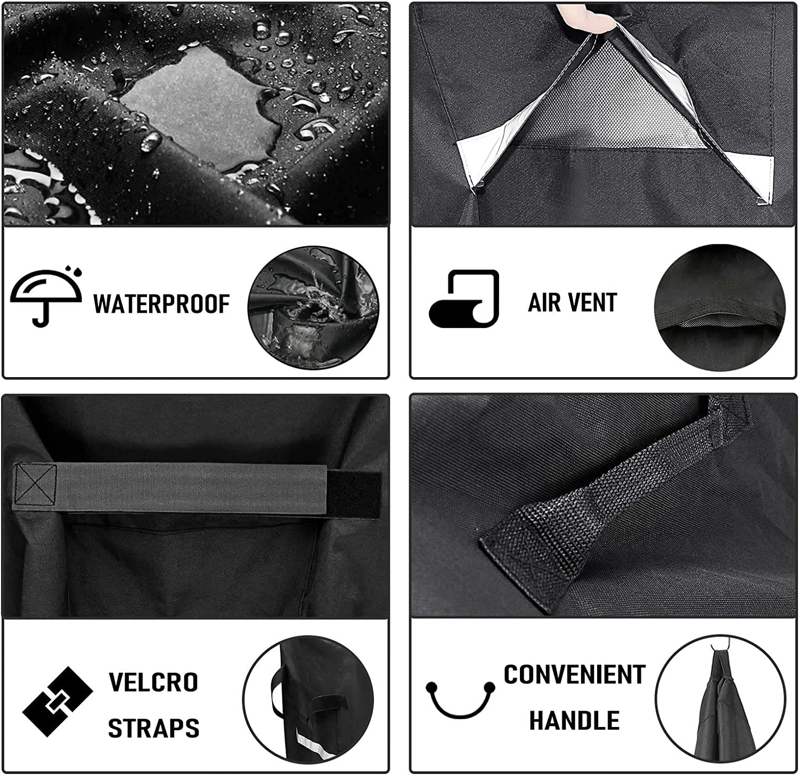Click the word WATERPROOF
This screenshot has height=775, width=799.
point(161,304)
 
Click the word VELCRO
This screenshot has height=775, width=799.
point(153,682)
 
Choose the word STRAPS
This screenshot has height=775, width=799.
point(153,728)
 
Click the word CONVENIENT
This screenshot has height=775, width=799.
point(574,674)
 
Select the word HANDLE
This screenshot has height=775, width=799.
point(574,721)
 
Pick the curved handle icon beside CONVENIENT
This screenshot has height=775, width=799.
point(460,699)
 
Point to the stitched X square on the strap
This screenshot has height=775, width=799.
point(35,485)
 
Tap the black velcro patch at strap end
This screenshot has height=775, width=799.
point(353,494)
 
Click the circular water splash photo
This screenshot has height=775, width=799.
point(313,308)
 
